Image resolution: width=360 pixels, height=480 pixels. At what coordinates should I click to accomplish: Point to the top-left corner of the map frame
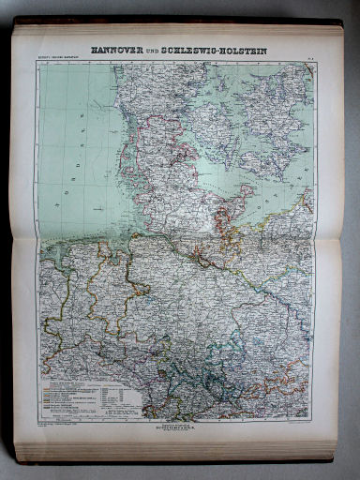pos(38,63)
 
